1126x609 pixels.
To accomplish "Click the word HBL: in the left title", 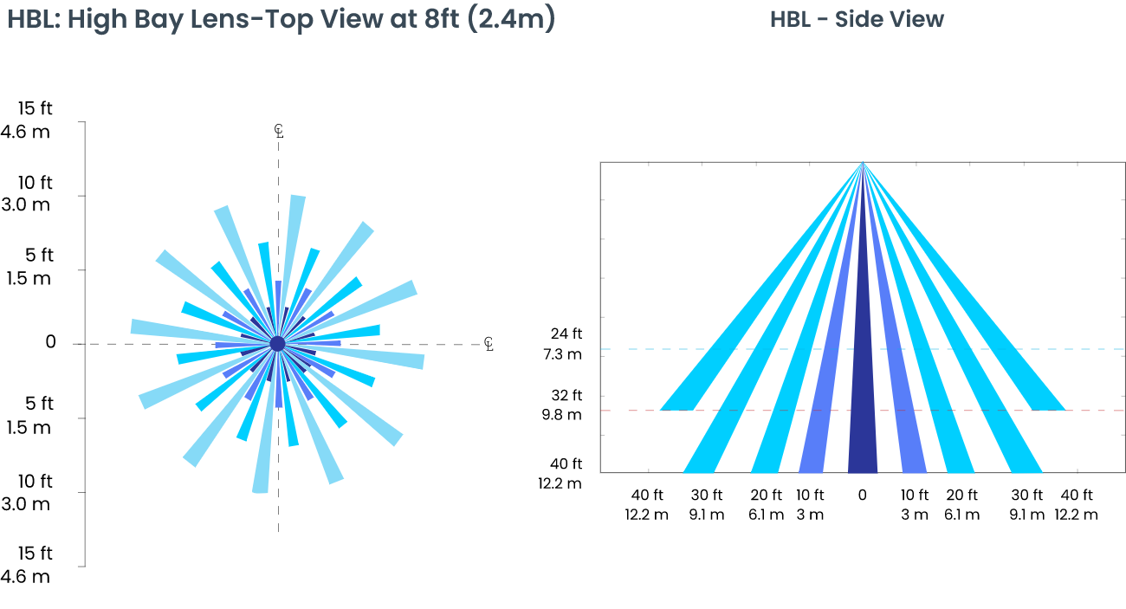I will [33, 19].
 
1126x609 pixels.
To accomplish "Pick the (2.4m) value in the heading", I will [512, 19].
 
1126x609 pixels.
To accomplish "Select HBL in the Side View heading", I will [789, 19].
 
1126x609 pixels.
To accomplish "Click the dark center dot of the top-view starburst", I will [277, 344].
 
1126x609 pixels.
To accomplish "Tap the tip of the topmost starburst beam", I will [297, 198].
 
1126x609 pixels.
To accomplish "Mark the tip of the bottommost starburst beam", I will [260, 489].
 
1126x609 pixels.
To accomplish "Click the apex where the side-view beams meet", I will [863, 163].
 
